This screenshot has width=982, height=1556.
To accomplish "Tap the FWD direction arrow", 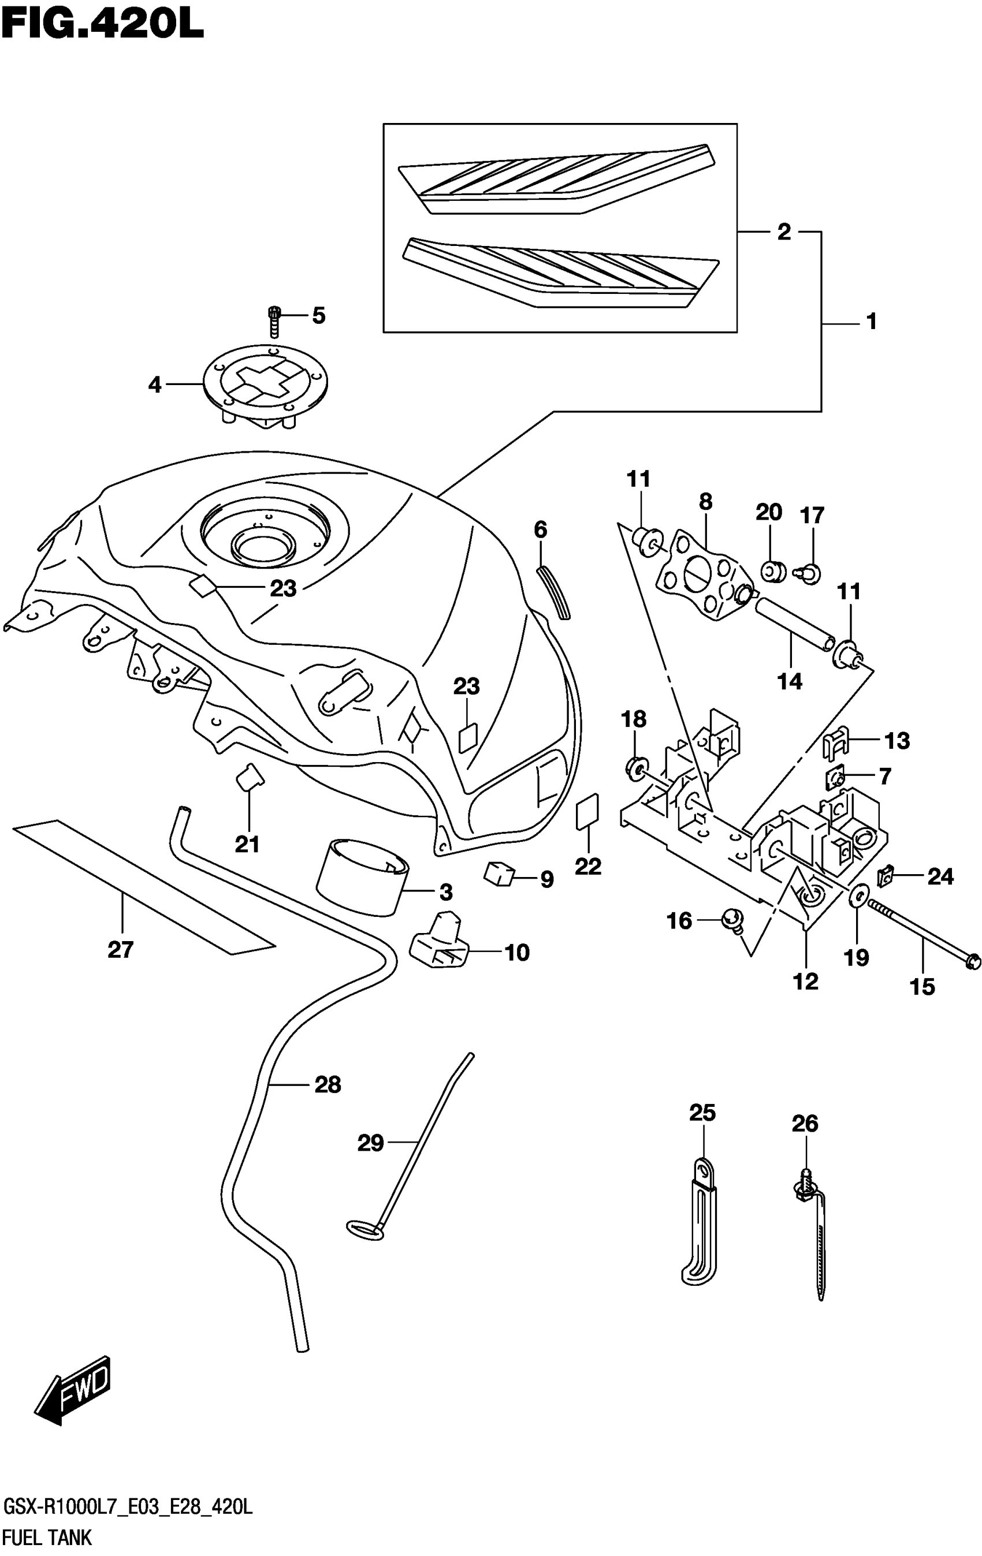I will pyautogui.click(x=73, y=1397).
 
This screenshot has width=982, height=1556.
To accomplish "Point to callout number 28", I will pyautogui.click(x=328, y=1085).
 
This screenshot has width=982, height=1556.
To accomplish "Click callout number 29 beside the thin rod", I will pyautogui.click(x=370, y=1144).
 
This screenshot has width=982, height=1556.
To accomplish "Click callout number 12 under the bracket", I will pyautogui.click(x=805, y=982).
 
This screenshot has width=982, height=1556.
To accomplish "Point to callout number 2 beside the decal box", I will pyautogui.click(x=783, y=232).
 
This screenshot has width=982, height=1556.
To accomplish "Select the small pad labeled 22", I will pyautogui.click(x=587, y=812).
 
